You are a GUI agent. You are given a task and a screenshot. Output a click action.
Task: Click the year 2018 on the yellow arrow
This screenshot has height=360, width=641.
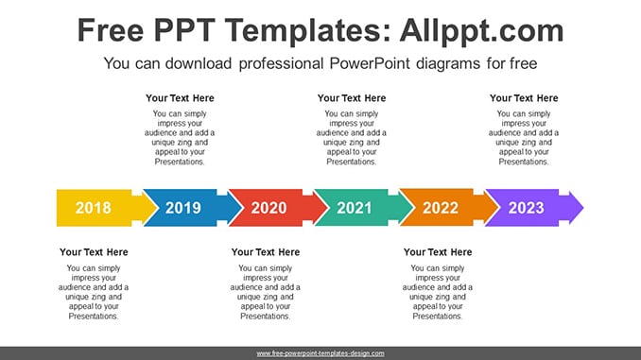[x=94, y=208]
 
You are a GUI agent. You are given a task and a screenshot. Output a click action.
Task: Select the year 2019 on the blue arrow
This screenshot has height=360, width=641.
[x=183, y=208]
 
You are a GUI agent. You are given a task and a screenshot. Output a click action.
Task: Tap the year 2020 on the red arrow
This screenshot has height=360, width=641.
[x=269, y=208]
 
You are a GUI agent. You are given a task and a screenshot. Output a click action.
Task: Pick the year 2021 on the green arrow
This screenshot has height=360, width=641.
[x=355, y=208]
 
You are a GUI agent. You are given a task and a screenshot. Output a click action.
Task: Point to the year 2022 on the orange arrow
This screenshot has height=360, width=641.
[x=441, y=208]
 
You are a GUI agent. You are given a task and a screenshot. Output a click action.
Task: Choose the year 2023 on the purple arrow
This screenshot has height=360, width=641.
[x=526, y=208]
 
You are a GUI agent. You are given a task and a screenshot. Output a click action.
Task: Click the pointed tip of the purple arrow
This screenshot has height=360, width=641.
[x=583, y=208]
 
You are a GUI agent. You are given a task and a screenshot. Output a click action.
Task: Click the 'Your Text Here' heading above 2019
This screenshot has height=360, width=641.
[x=180, y=98]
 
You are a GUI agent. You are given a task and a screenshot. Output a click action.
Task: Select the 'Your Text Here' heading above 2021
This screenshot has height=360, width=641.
[x=352, y=98]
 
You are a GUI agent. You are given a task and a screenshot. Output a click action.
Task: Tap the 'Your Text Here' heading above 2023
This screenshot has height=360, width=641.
[x=524, y=98]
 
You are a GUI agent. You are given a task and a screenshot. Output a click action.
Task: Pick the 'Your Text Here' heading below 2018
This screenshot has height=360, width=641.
[x=94, y=252]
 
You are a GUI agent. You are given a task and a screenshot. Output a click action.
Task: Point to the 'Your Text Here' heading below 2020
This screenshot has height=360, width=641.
[x=266, y=252]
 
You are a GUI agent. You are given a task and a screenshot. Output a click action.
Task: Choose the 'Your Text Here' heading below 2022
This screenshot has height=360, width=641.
[x=438, y=252]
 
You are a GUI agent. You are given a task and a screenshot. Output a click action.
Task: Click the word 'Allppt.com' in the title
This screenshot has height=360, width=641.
[x=481, y=31]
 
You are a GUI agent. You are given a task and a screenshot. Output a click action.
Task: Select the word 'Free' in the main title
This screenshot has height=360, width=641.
[x=111, y=30]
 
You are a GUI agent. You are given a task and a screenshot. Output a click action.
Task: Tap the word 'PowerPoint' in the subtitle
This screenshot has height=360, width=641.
[x=370, y=63]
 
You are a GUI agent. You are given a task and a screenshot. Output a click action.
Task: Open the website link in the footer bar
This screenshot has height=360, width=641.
[x=320, y=353]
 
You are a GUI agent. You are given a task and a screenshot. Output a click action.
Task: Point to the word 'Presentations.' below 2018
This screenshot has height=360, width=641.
[x=94, y=316]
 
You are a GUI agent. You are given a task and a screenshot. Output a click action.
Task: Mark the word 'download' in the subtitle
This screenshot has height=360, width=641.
[x=199, y=63]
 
